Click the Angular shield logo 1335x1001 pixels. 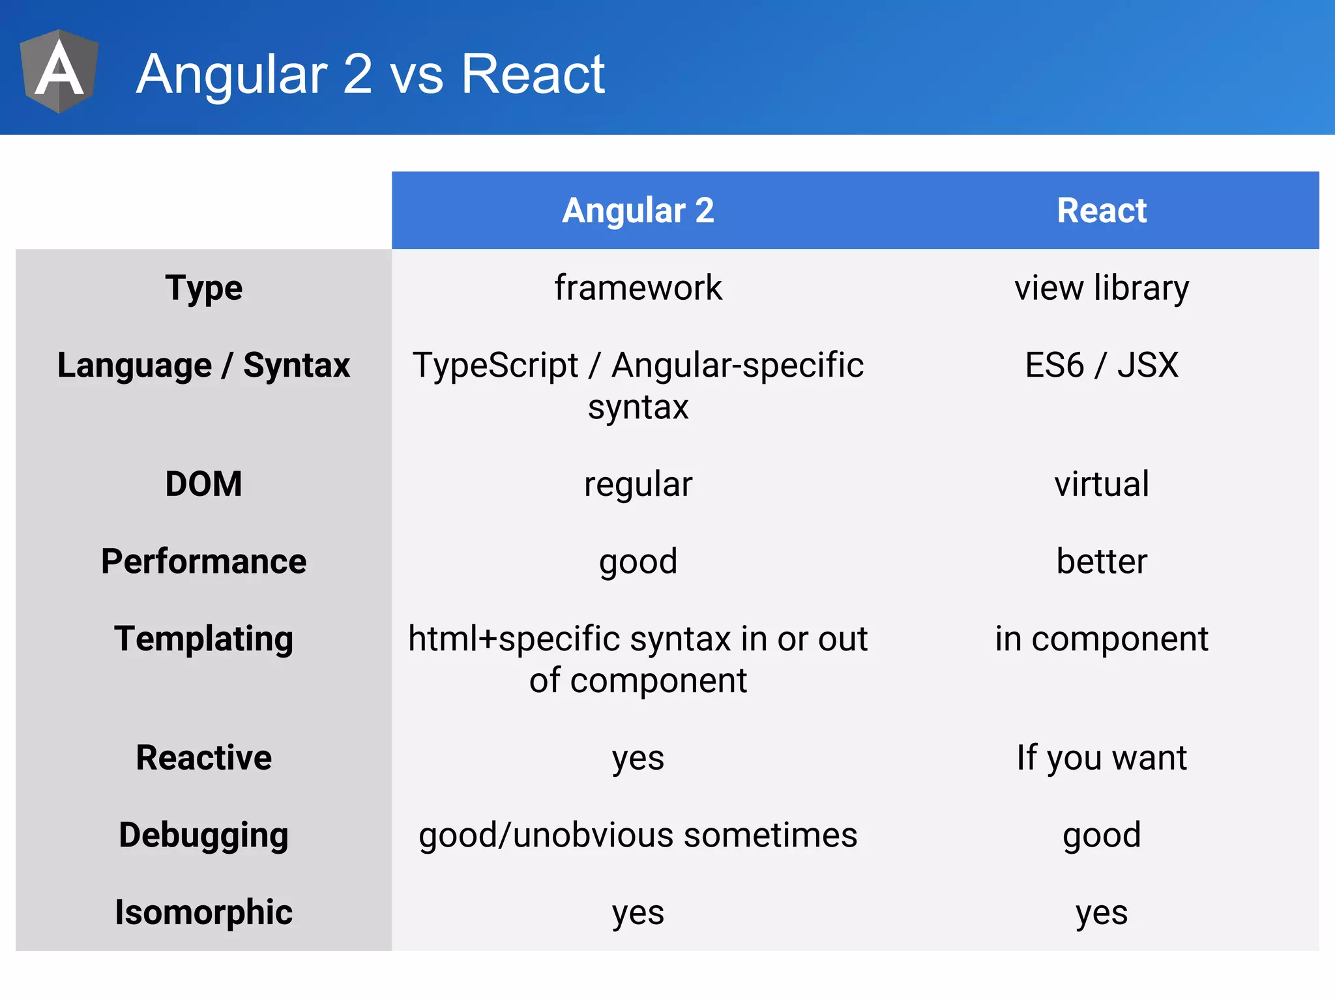[59, 72]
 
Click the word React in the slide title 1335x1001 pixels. [533, 74]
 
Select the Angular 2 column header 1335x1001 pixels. [638, 210]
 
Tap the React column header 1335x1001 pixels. [1102, 210]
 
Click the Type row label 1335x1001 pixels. [203, 288]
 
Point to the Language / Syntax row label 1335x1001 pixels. [203, 365]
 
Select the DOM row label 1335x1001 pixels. [203, 484]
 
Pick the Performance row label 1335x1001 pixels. [203, 561]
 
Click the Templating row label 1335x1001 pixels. [203, 639]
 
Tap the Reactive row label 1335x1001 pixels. [203, 757]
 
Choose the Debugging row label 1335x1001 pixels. [203, 835]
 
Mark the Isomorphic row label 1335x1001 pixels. [203, 912]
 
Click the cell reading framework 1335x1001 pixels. [638, 288]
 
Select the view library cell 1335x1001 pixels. [1102, 288]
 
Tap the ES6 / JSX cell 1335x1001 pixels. [1102, 365]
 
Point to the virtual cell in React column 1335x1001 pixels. [1102, 484]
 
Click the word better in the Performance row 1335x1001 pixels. [1102, 561]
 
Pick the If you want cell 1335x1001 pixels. [1102, 757]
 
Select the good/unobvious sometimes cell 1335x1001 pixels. [638, 835]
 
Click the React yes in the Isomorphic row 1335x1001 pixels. [1102, 912]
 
